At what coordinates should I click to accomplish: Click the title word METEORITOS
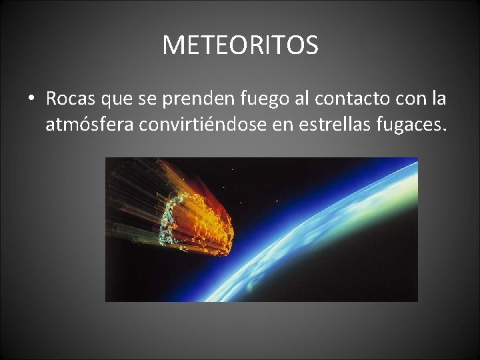(x=240, y=45)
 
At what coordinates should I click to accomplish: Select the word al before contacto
(x=302, y=99)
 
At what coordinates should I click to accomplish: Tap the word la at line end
(x=439, y=99)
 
